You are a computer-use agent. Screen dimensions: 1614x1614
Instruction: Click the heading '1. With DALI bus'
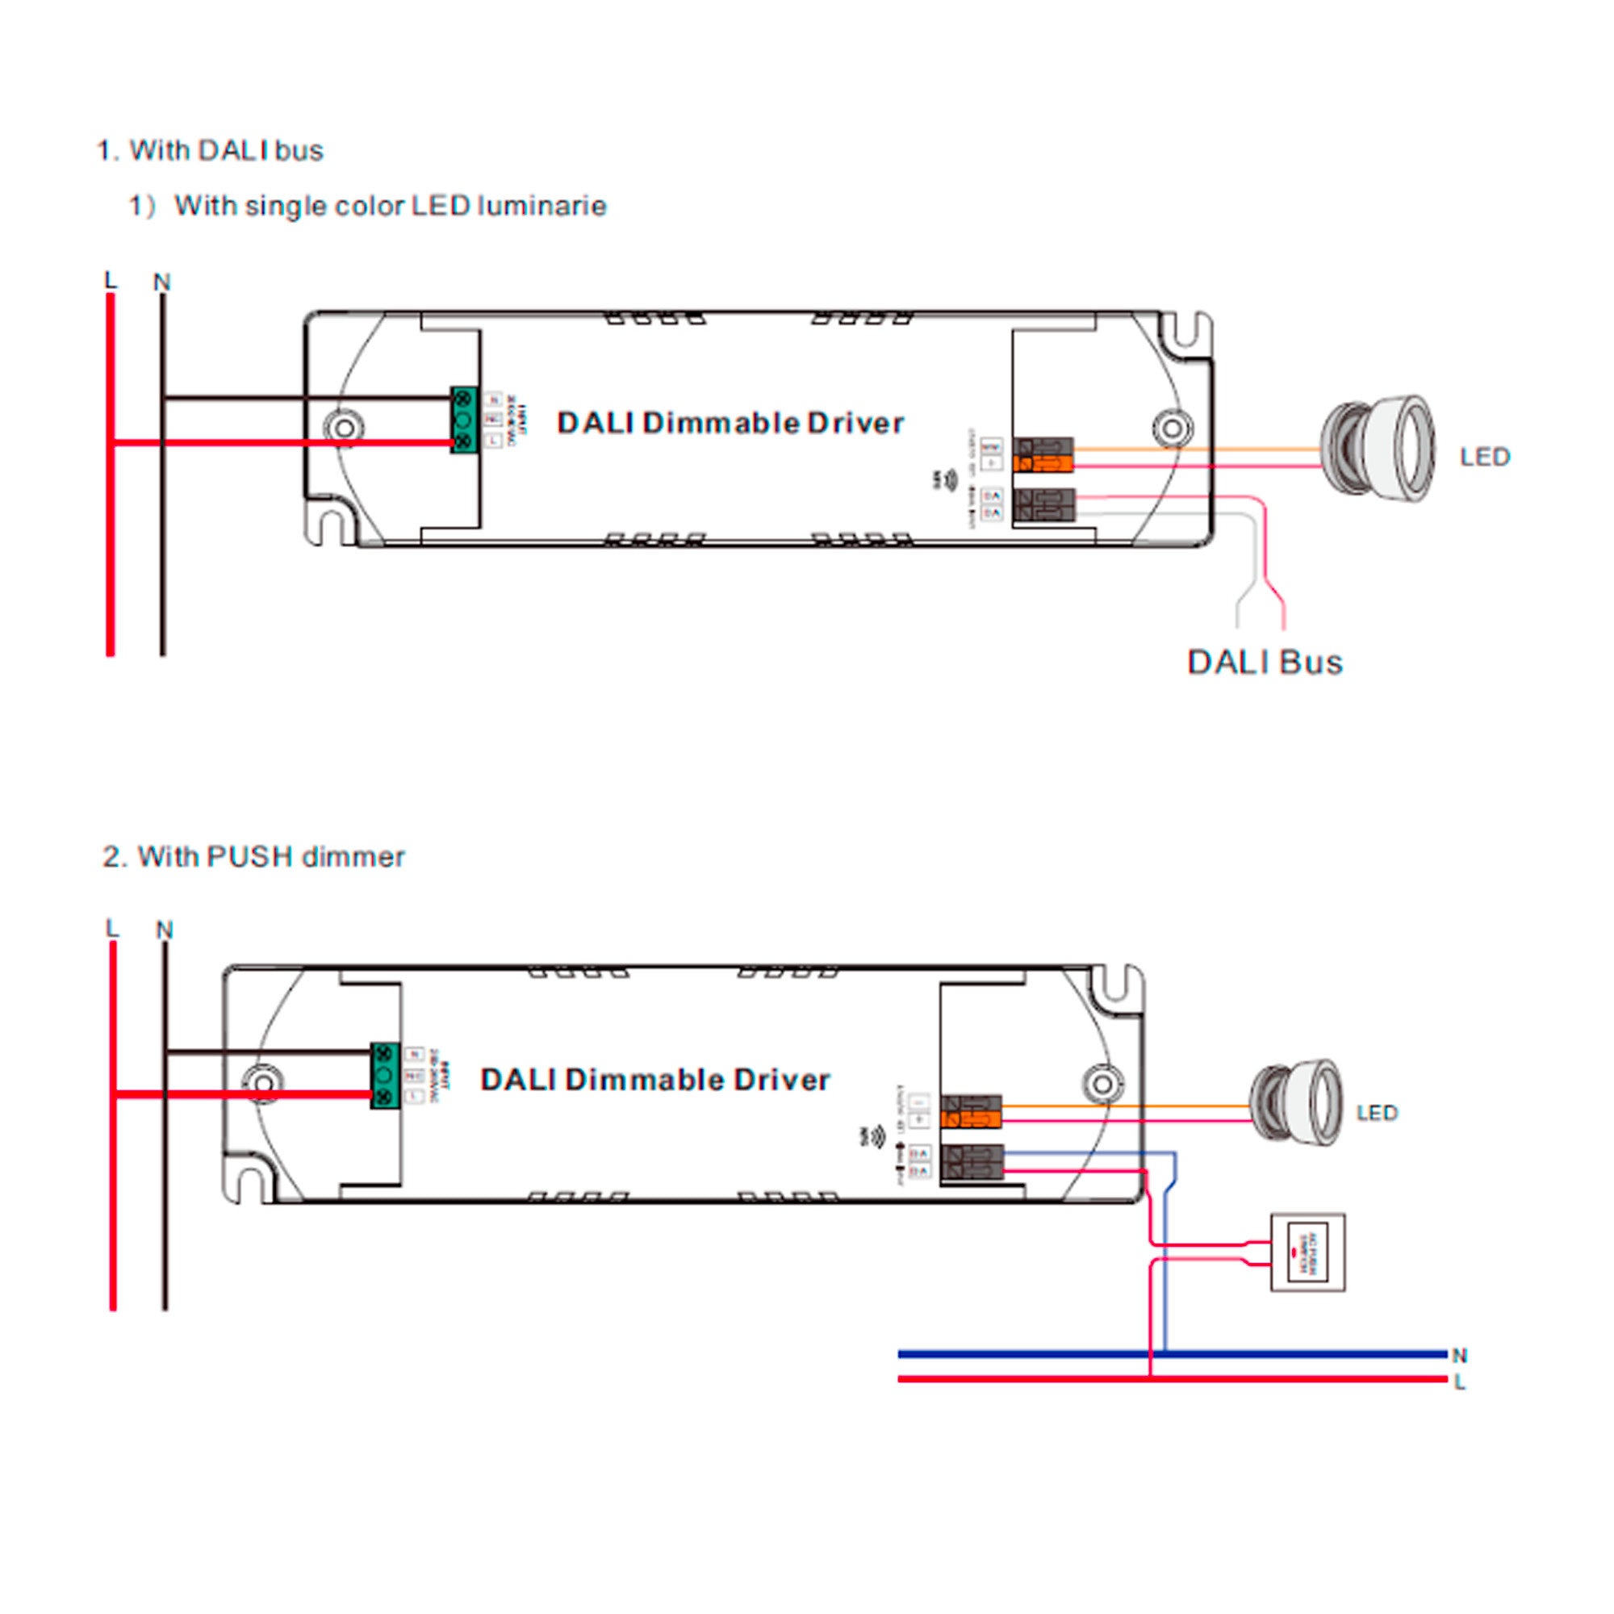click(x=211, y=150)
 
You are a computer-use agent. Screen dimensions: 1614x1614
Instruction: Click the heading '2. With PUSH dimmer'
click(x=254, y=856)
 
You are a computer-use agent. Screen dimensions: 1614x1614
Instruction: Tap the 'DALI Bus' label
click(x=1264, y=663)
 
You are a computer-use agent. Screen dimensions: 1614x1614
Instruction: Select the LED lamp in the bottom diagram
click(x=1297, y=1102)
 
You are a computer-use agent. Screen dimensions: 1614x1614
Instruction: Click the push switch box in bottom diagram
click(x=1307, y=1252)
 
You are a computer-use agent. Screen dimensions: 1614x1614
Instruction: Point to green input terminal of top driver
click(x=464, y=420)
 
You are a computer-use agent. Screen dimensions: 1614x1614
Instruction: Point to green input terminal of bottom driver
click(x=384, y=1076)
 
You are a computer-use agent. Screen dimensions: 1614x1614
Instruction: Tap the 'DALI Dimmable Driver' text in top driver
click(x=730, y=423)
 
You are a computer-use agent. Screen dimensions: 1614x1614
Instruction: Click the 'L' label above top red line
click(x=111, y=280)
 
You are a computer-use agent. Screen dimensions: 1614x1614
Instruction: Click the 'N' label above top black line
click(x=162, y=282)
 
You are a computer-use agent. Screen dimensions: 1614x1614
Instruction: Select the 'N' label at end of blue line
click(x=1459, y=1355)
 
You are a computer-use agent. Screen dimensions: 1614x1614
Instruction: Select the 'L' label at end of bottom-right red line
click(x=1459, y=1382)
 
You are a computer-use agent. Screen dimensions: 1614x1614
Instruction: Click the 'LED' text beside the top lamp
click(x=1485, y=457)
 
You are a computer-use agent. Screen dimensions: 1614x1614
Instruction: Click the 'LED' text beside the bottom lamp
click(x=1377, y=1113)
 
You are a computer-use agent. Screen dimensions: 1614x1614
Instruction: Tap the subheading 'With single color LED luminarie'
click(x=389, y=206)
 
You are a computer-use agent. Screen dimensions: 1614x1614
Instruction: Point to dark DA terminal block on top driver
click(x=1043, y=505)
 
